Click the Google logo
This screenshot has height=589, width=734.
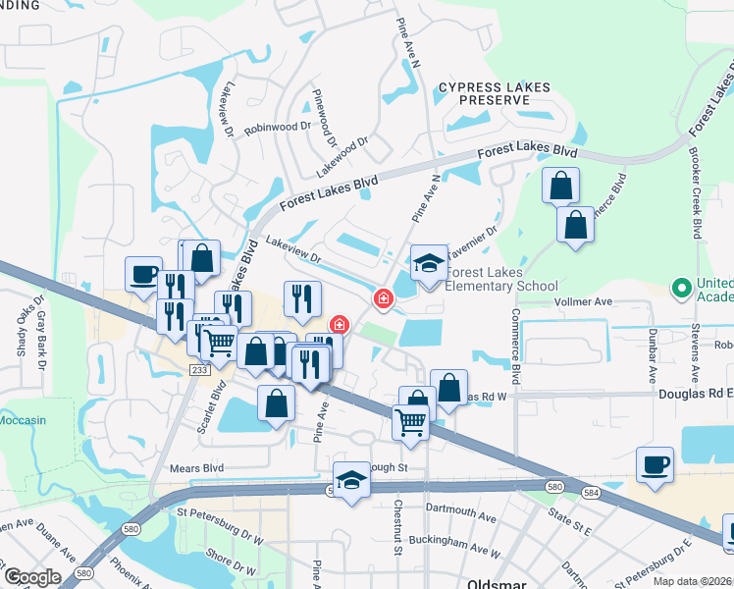tap(32, 577)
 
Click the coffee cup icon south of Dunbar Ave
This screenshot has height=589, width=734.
tap(655, 465)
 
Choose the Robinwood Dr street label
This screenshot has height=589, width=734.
tap(278, 128)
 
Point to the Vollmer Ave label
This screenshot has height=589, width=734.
tap(583, 302)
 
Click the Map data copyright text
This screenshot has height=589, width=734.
tap(692, 581)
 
